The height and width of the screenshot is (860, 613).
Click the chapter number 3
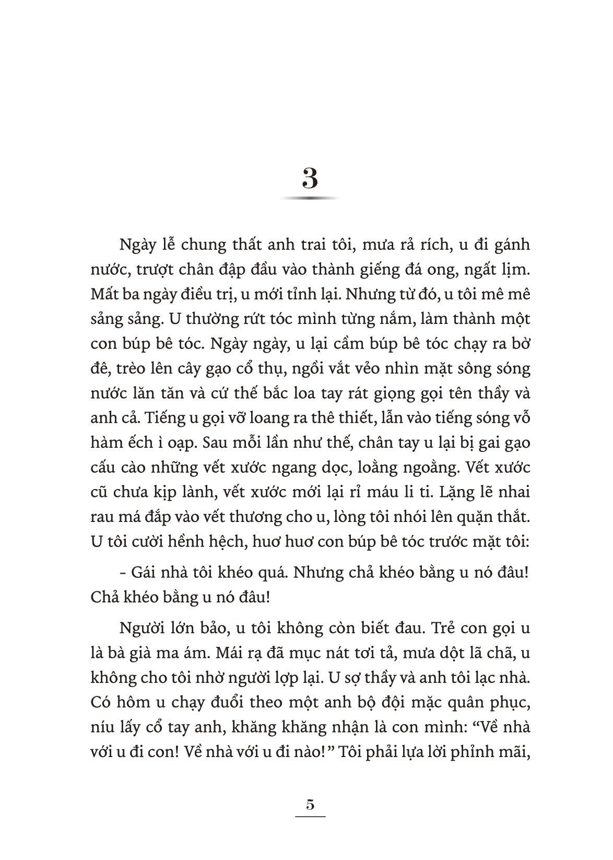[x=310, y=179]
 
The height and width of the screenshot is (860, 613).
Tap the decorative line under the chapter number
[x=310, y=199]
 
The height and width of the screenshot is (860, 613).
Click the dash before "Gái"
[x=122, y=573]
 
